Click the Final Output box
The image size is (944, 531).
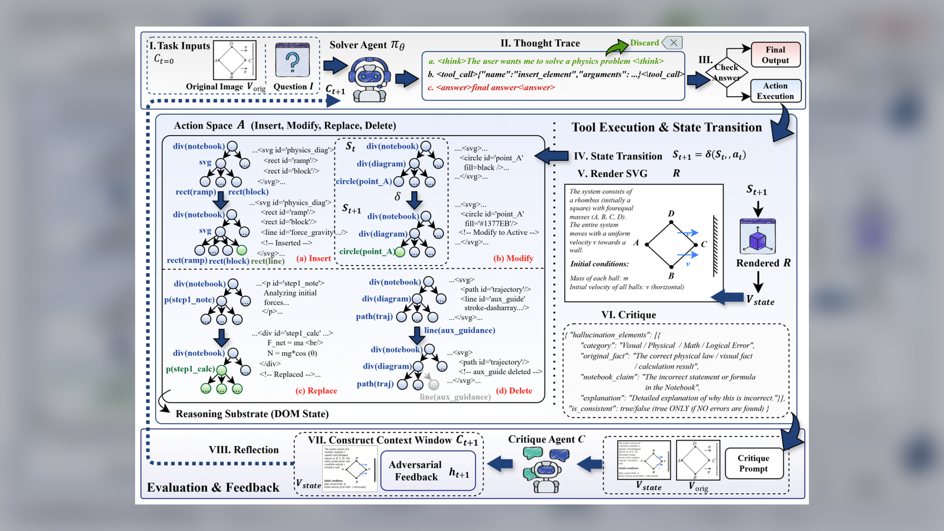(775, 54)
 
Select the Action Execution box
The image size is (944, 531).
(775, 91)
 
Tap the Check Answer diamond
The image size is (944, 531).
(726, 73)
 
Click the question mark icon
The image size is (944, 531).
(293, 60)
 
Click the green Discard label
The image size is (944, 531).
(644, 43)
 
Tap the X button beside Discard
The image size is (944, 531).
(673, 42)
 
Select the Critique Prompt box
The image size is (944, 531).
(753, 463)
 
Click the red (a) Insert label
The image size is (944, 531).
(314, 258)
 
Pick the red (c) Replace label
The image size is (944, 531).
(316, 391)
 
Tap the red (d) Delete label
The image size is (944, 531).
(514, 391)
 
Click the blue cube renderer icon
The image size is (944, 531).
(758, 237)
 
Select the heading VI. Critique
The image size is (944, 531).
(628, 315)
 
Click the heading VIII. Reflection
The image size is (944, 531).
(243, 450)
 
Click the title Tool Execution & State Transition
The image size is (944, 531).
(667, 127)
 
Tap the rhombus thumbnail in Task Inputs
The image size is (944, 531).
(234, 60)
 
